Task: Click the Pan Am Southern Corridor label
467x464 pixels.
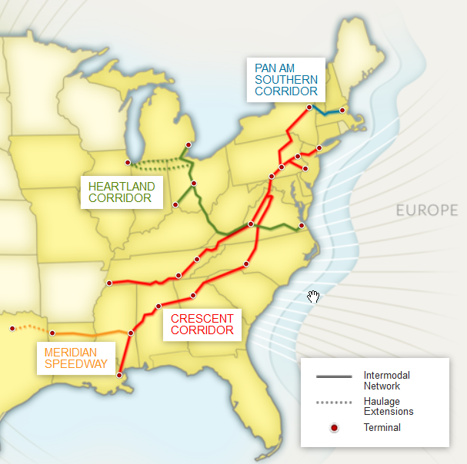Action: [285, 79]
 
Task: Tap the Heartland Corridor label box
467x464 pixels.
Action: [122, 192]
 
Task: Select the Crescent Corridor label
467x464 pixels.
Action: [202, 324]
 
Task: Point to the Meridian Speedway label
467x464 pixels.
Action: [76, 358]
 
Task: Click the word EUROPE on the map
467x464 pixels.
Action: [427, 210]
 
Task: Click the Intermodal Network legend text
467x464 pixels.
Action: [387, 380]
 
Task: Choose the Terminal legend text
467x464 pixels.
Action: [382, 428]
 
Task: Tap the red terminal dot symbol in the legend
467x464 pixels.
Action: [334, 428]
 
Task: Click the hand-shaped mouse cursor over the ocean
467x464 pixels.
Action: [313, 297]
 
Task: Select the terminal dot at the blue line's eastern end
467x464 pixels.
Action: [342, 111]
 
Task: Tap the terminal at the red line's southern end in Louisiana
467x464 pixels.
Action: [119, 375]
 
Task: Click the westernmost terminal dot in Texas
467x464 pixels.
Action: [12, 329]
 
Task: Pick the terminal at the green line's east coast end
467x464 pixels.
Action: [302, 225]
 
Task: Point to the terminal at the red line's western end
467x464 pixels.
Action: [109, 283]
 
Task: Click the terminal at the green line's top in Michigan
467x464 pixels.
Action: [188, 144]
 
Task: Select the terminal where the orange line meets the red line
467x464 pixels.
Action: [131, 333]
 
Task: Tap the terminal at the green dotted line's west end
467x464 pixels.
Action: [128, 162]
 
